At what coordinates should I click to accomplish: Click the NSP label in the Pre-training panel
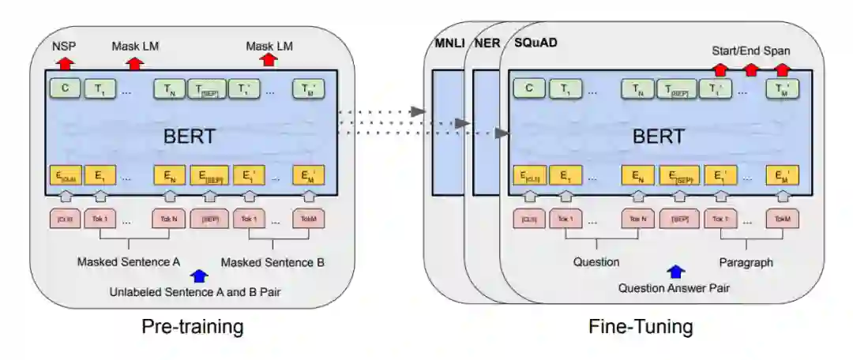(65, 47)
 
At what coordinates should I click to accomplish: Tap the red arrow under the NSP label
(66, 61)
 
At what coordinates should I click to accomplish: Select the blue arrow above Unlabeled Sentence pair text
(199, 276)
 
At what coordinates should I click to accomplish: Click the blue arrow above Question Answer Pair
(676, 272)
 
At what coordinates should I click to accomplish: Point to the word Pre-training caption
(193, 326)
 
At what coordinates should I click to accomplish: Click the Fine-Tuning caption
(641, 326)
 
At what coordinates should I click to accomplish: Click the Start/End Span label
(751, 51)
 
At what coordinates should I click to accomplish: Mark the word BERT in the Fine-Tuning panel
(659, 136)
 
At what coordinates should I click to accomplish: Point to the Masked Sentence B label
(272, 261)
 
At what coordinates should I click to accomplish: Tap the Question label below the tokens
(597, 261)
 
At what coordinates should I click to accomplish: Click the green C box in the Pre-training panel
(65, 89)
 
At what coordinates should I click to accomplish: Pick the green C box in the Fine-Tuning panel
(528, 89)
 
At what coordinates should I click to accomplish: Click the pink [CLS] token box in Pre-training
(65, 219)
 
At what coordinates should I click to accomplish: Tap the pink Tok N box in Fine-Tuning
(637, 219)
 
